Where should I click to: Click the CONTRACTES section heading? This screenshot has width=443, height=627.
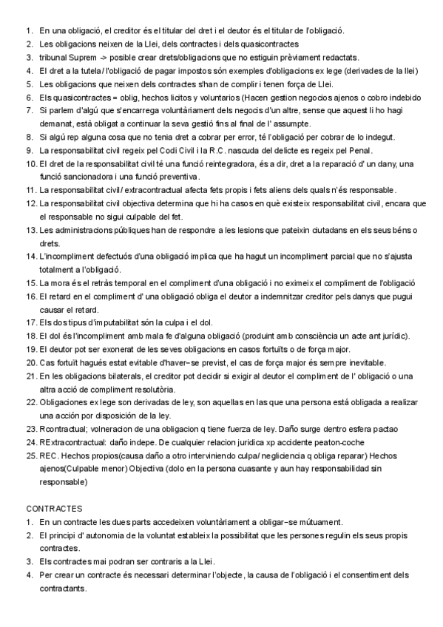(54, 509)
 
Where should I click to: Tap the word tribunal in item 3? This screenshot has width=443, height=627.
(55, 58)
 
